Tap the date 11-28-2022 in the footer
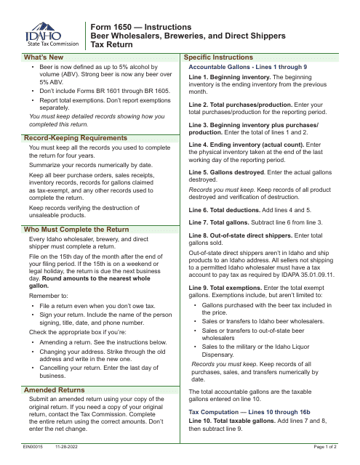click(66, 458)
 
